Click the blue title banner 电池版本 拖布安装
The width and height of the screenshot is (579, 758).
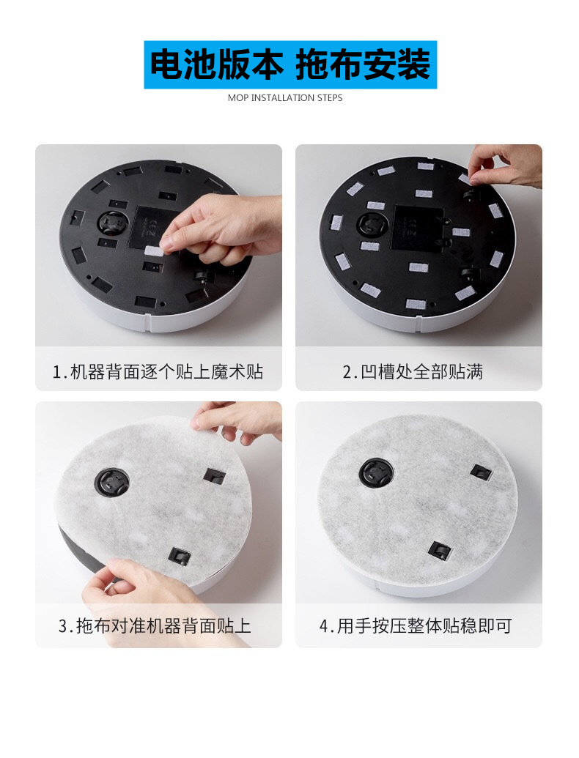tap(290, 64)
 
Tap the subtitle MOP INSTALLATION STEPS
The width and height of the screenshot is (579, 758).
tap(285, 97)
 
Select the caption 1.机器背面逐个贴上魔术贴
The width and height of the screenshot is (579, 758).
tap(158, 372)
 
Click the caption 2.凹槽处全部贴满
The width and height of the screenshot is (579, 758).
tap(413, 372)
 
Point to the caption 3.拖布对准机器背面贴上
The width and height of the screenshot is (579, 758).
tap(155, 625)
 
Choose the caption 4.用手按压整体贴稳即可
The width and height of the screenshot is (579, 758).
tap(416, 625)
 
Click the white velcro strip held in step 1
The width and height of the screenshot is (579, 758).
tap(155, 253)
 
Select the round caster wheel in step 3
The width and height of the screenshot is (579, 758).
tap(112, 482)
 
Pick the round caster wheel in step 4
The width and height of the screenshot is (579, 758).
tap(376, 472)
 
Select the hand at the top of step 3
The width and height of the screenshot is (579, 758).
tap(237, 420)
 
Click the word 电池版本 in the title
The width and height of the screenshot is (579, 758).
tap(216, 64)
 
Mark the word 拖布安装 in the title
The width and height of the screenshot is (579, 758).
tap(364, 64)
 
